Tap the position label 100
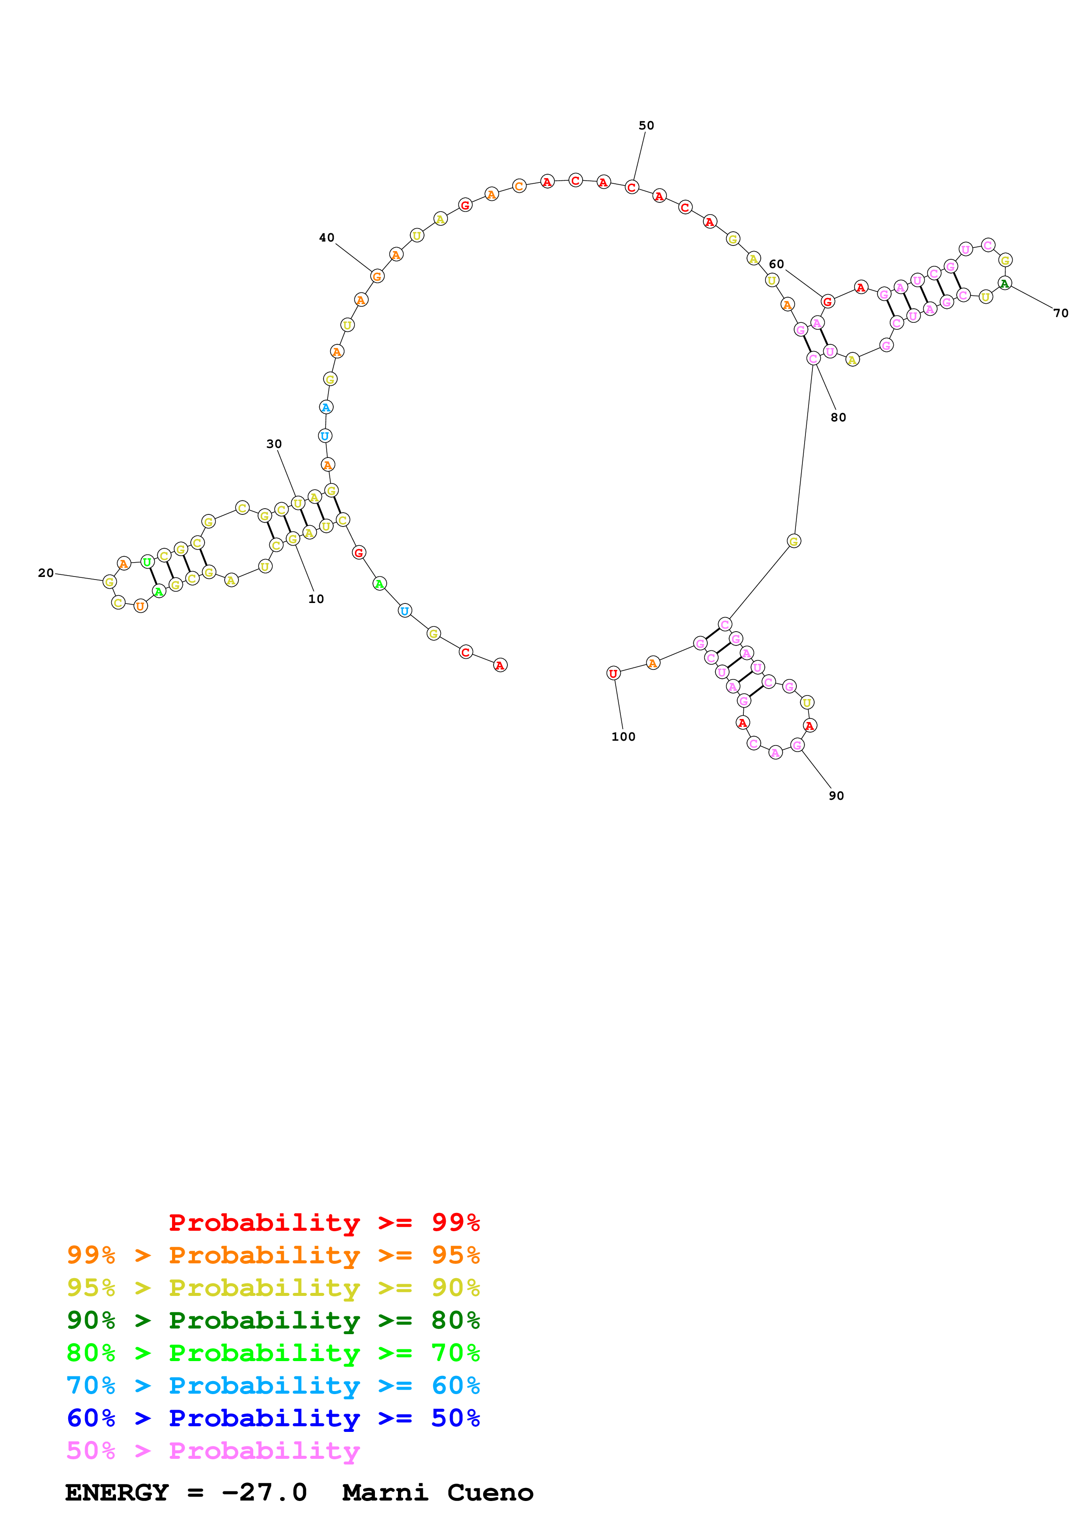pos(623,737)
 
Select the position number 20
pos(46,573)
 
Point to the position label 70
pos(1061,313)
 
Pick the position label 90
pos(836,796)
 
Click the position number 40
pos(326,238)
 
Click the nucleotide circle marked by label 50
pos(632,187)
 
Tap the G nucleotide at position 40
pos(377,276)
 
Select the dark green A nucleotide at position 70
pos(1005,283)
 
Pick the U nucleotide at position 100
pos(613,673)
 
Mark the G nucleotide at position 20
pos(109,582)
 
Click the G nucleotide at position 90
pos(797,745)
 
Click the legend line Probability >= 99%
pos(324,1223)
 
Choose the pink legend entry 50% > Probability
pos(213,1451)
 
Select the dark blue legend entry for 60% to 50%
pos(273,1418)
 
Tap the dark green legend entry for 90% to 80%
pos(273,1320)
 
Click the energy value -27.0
pos(264,1493)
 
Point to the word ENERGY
pos(117,1493)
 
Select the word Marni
pos(385,1493)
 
